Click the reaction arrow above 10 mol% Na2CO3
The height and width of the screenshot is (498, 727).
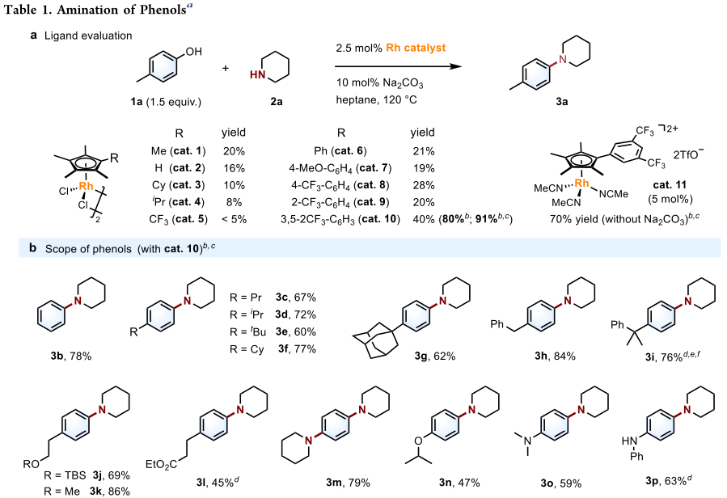(x=401, y=68)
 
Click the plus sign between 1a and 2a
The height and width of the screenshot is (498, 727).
(x=227, y=68)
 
